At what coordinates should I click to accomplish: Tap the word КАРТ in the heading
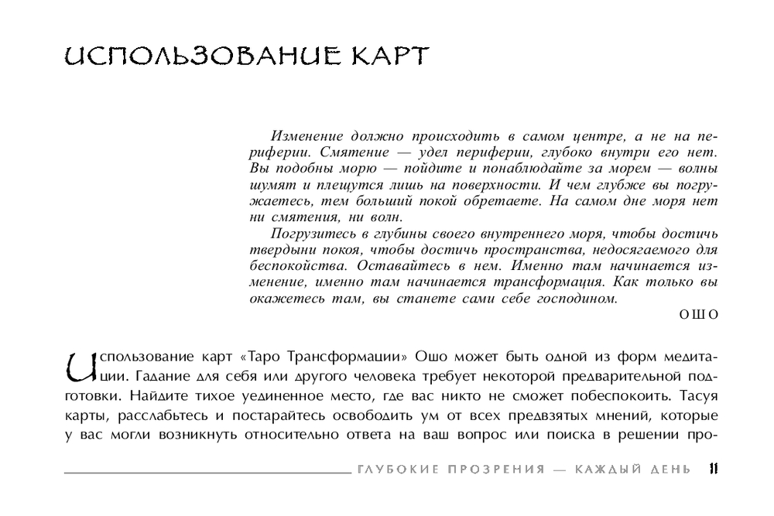click(x=385, y=59)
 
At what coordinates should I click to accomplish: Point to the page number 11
click(x=713, y=469)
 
